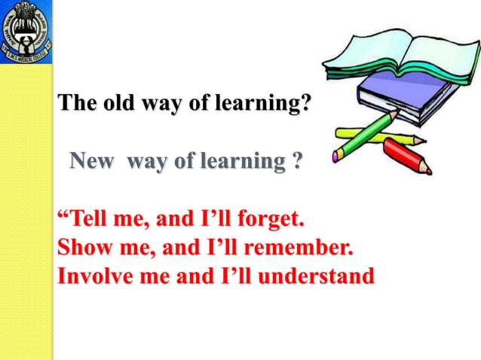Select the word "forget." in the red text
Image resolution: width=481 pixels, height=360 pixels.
coord(267,221)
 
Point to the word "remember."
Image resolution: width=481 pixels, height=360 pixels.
coord(302,248)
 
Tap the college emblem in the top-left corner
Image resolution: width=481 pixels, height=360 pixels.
coord(26,31)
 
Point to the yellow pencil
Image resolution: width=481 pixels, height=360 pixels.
coord(377,135)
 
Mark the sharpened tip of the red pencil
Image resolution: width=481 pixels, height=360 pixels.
coord(430,172)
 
